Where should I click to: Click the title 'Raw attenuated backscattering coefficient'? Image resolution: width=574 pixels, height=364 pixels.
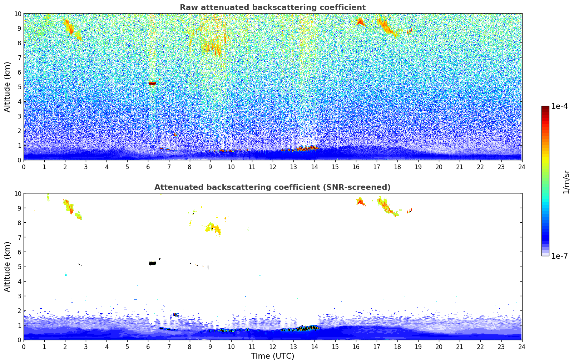(x=272, y=7)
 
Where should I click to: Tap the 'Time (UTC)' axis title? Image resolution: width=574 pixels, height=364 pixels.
(x=272, y=356)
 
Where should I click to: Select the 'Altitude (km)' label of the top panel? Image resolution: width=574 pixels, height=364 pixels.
(x=8, y=87)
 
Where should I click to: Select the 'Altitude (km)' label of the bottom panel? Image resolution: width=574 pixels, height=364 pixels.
(x=8, y=267)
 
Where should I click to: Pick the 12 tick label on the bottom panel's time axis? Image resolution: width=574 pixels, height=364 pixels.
(x=273, y=347)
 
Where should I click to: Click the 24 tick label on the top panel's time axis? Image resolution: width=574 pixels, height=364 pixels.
(x=522, y=167)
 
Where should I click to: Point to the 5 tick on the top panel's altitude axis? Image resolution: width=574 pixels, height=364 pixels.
(x=19, y=87)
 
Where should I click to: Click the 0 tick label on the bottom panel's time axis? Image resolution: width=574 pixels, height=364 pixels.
(x=24, y=347)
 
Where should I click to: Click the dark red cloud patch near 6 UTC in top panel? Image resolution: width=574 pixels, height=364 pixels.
(x=152, y=83)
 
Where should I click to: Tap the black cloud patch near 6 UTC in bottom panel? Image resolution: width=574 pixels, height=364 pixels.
(x=152, y=263)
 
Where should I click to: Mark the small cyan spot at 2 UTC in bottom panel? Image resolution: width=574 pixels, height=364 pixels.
(x=65, y=274)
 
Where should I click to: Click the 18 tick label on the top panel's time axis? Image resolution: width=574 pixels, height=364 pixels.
(x=397, y=167)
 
